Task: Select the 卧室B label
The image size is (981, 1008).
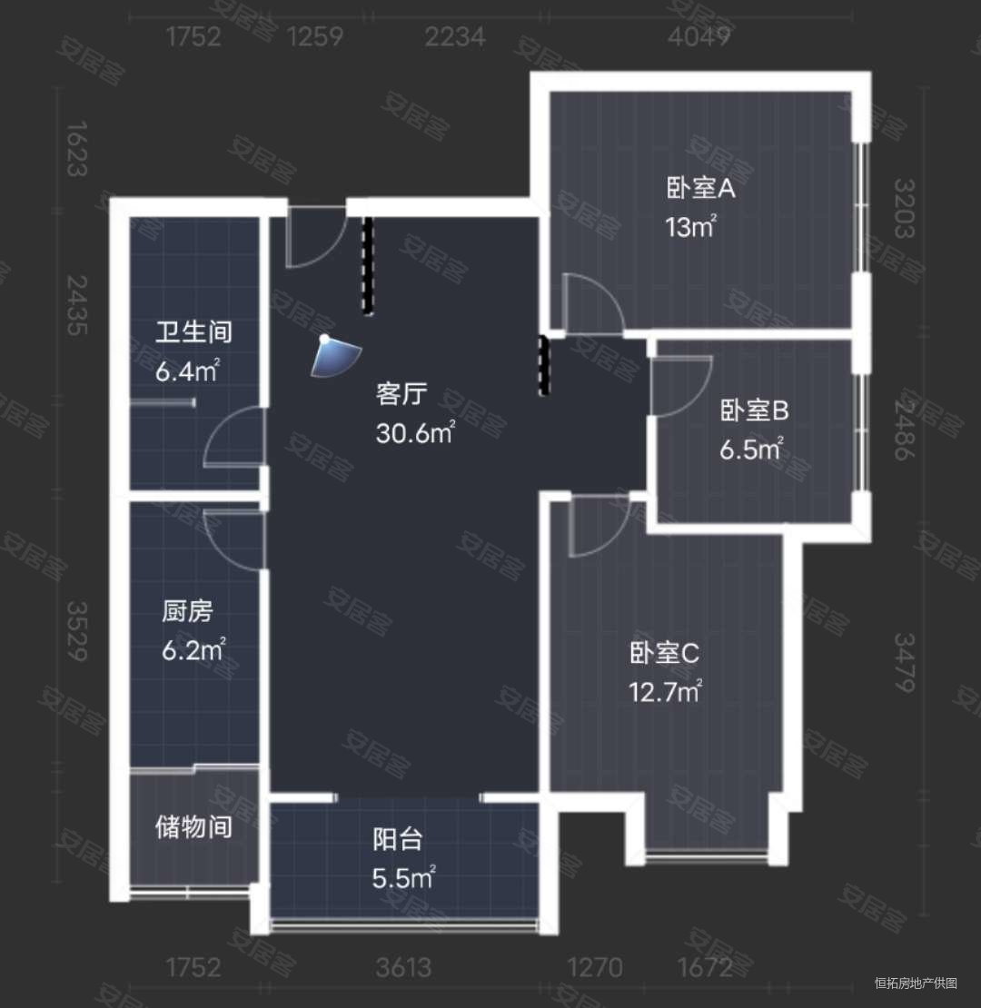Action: [755, 412]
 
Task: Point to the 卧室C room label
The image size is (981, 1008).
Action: [664, 654]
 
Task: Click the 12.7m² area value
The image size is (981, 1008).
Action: [665, 692]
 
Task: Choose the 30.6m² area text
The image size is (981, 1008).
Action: [415, 434]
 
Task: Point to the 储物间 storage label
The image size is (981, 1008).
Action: [193, 827]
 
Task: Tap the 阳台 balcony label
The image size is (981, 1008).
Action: [398, 840]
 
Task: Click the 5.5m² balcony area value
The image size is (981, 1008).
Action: [402, 878]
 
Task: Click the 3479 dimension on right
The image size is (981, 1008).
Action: [904, 663]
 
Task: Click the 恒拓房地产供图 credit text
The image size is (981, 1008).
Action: [916, 983]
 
